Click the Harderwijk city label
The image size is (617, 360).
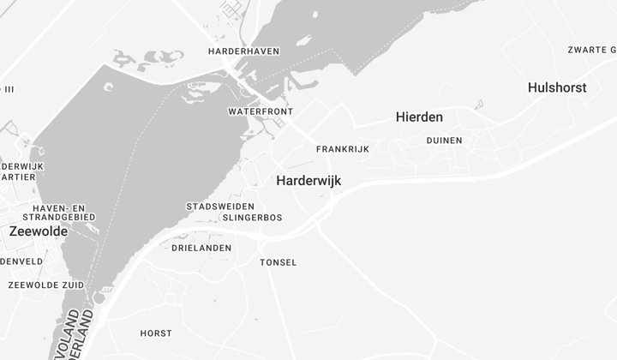point(308,181)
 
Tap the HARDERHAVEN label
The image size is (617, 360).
point(243,51)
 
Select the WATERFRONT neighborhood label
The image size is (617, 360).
point(261,112)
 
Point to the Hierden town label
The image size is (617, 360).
point(419,117)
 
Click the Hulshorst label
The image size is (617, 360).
point(557,87)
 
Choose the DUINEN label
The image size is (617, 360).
point(444,141)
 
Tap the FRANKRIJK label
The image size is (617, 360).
point(342,149)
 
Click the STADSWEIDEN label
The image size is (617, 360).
point(220,207)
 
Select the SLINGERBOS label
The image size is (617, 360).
point(252,218)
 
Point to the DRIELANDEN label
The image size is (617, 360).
point(201,248)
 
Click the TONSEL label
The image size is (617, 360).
point(279,262)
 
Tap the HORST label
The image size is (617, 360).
point(156,333)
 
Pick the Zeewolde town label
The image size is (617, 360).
point(39,231)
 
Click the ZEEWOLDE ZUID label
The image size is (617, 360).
point(46,285)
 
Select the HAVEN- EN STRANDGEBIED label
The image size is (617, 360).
point(63,213)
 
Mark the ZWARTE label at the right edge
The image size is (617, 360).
point(591,50)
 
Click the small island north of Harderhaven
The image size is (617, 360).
point(315,15)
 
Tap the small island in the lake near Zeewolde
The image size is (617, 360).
point(109,87)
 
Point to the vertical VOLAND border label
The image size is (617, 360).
point(72,334)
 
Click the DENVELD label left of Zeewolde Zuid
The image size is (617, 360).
point(21,261)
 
